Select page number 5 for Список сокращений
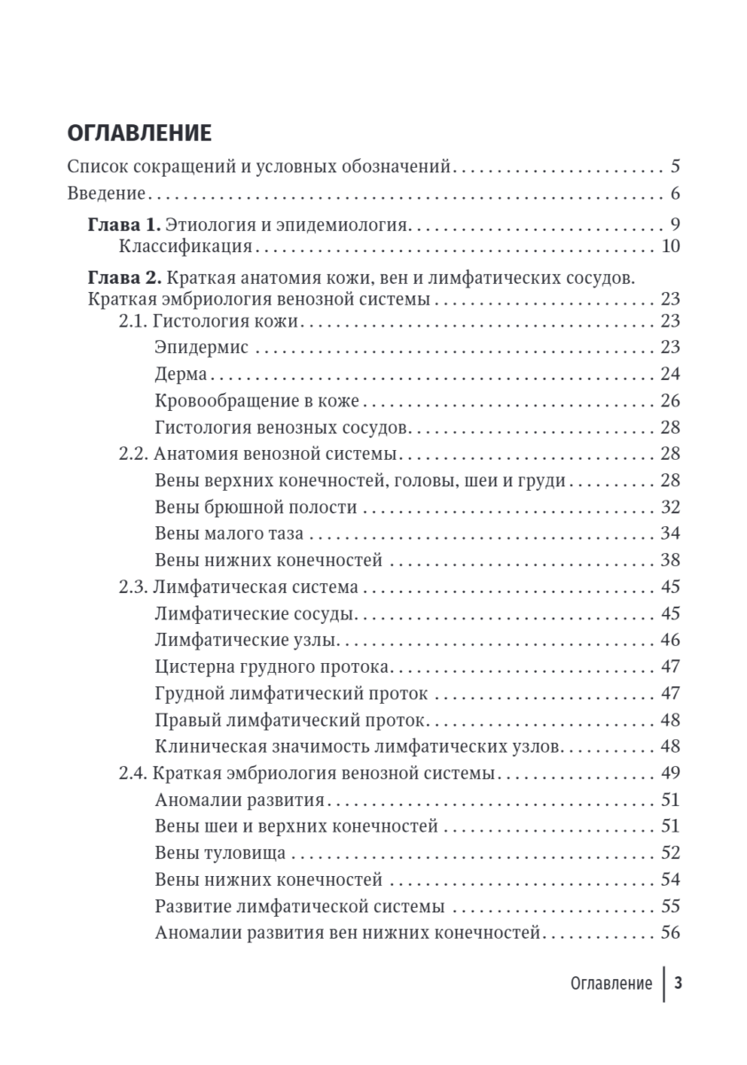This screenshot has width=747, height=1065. click(x=674, y=166)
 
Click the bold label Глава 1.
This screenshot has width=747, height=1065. click(x=124, y=224)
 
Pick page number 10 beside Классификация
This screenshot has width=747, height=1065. click(x=670, y=246)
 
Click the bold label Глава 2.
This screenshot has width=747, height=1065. click(x=124, y=276)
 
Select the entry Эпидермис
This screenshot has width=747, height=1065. click(x=201, y=346)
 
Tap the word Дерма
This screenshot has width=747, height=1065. click(x=180, y=374)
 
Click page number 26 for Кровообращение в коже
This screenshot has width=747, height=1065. click(x=670, y=400)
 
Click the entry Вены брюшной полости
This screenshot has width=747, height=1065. click(x=256, y=508)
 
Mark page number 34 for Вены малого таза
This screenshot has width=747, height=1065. click(x=670, y=534)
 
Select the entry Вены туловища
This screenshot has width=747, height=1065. click(x=219, y=853)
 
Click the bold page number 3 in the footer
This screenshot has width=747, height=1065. click(x=678, y=983)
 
